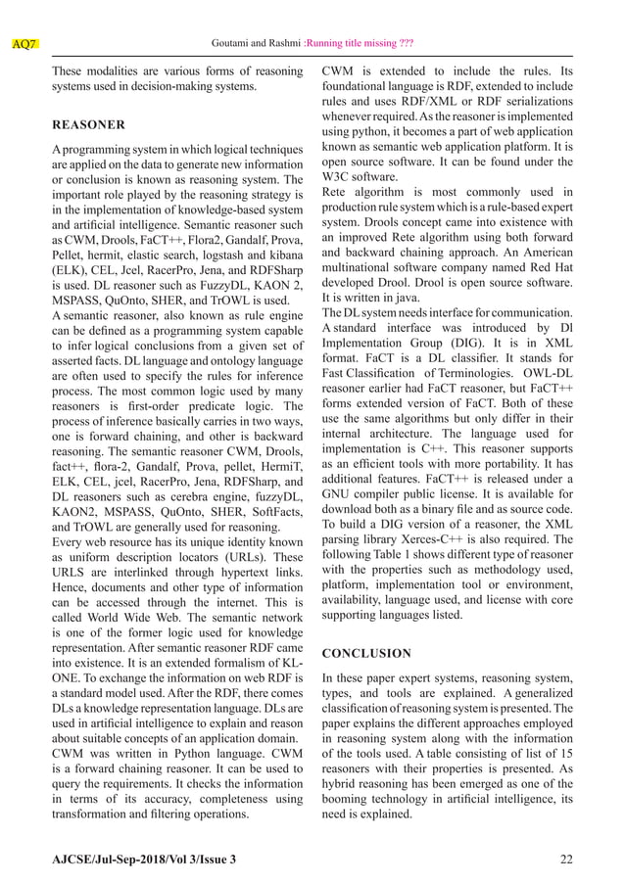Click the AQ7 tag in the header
click(24, 44)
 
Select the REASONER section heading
click(87, 125)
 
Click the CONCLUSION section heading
click(368, 652)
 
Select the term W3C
click(339, 176)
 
